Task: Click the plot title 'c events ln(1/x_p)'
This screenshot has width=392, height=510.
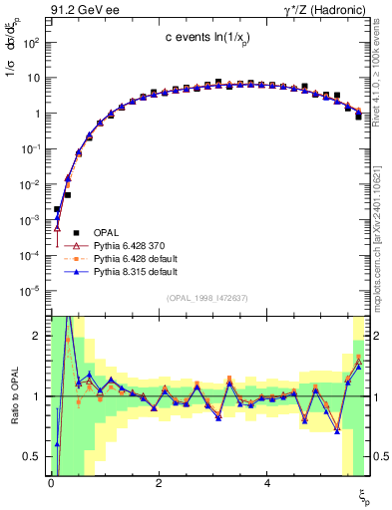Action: pyautogui.click(x=208, y=37)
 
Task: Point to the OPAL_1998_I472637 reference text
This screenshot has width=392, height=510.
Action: pyautogui.click(x=208, y=298)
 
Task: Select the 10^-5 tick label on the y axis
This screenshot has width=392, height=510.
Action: pyautogui.click(x=30, y=291)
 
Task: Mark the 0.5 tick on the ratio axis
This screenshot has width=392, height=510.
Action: pyautogui.click(x=32, y=456)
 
